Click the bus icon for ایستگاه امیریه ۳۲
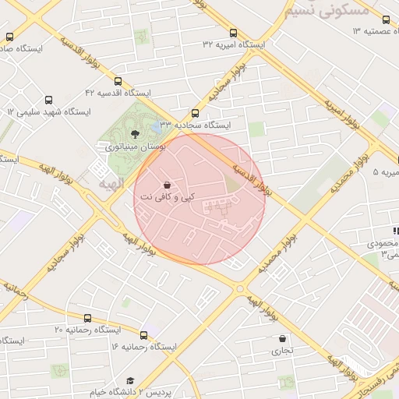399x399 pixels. click(x=233, y=33)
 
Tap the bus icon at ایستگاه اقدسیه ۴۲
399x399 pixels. click(x=118, y=81)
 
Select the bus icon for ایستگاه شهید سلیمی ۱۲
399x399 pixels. click(x=49, y=101)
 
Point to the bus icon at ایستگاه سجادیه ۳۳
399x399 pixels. click(x=195, y=113)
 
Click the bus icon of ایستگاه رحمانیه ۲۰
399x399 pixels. click(x=87, y=318)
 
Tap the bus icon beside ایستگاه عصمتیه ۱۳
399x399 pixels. click(x=386, y=19)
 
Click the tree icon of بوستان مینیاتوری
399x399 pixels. click(x=136, y=134)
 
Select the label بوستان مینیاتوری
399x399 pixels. click(x=134, y=146)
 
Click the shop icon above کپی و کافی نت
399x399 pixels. click(x=167, y=185)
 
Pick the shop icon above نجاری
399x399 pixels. click(x=281, y=339)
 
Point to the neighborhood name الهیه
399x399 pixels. click(x=111, y=183)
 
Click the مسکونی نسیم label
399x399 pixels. click(x=323, y=11)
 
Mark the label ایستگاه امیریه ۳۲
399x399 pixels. click(x=233, y=44)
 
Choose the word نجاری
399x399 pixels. click(x=281, y=351)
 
